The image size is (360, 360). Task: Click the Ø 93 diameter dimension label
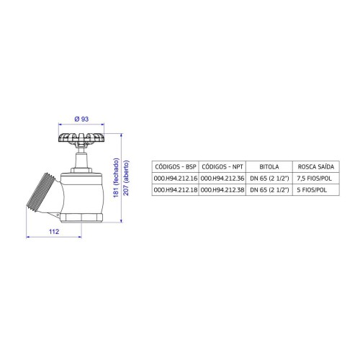tap(81, 119)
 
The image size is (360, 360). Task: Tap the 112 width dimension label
tap(54, 232)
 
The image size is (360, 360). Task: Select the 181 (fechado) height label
tap(117, 178)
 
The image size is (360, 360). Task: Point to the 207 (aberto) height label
tap(126, 178)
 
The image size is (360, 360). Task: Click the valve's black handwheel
tap(81, 138)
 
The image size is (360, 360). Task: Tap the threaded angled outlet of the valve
tap(41, 192)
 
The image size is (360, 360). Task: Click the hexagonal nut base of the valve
tap(81, 217)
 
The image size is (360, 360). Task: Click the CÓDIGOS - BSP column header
tap(176, 166)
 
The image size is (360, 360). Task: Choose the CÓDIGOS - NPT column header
tap(222, 166)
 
